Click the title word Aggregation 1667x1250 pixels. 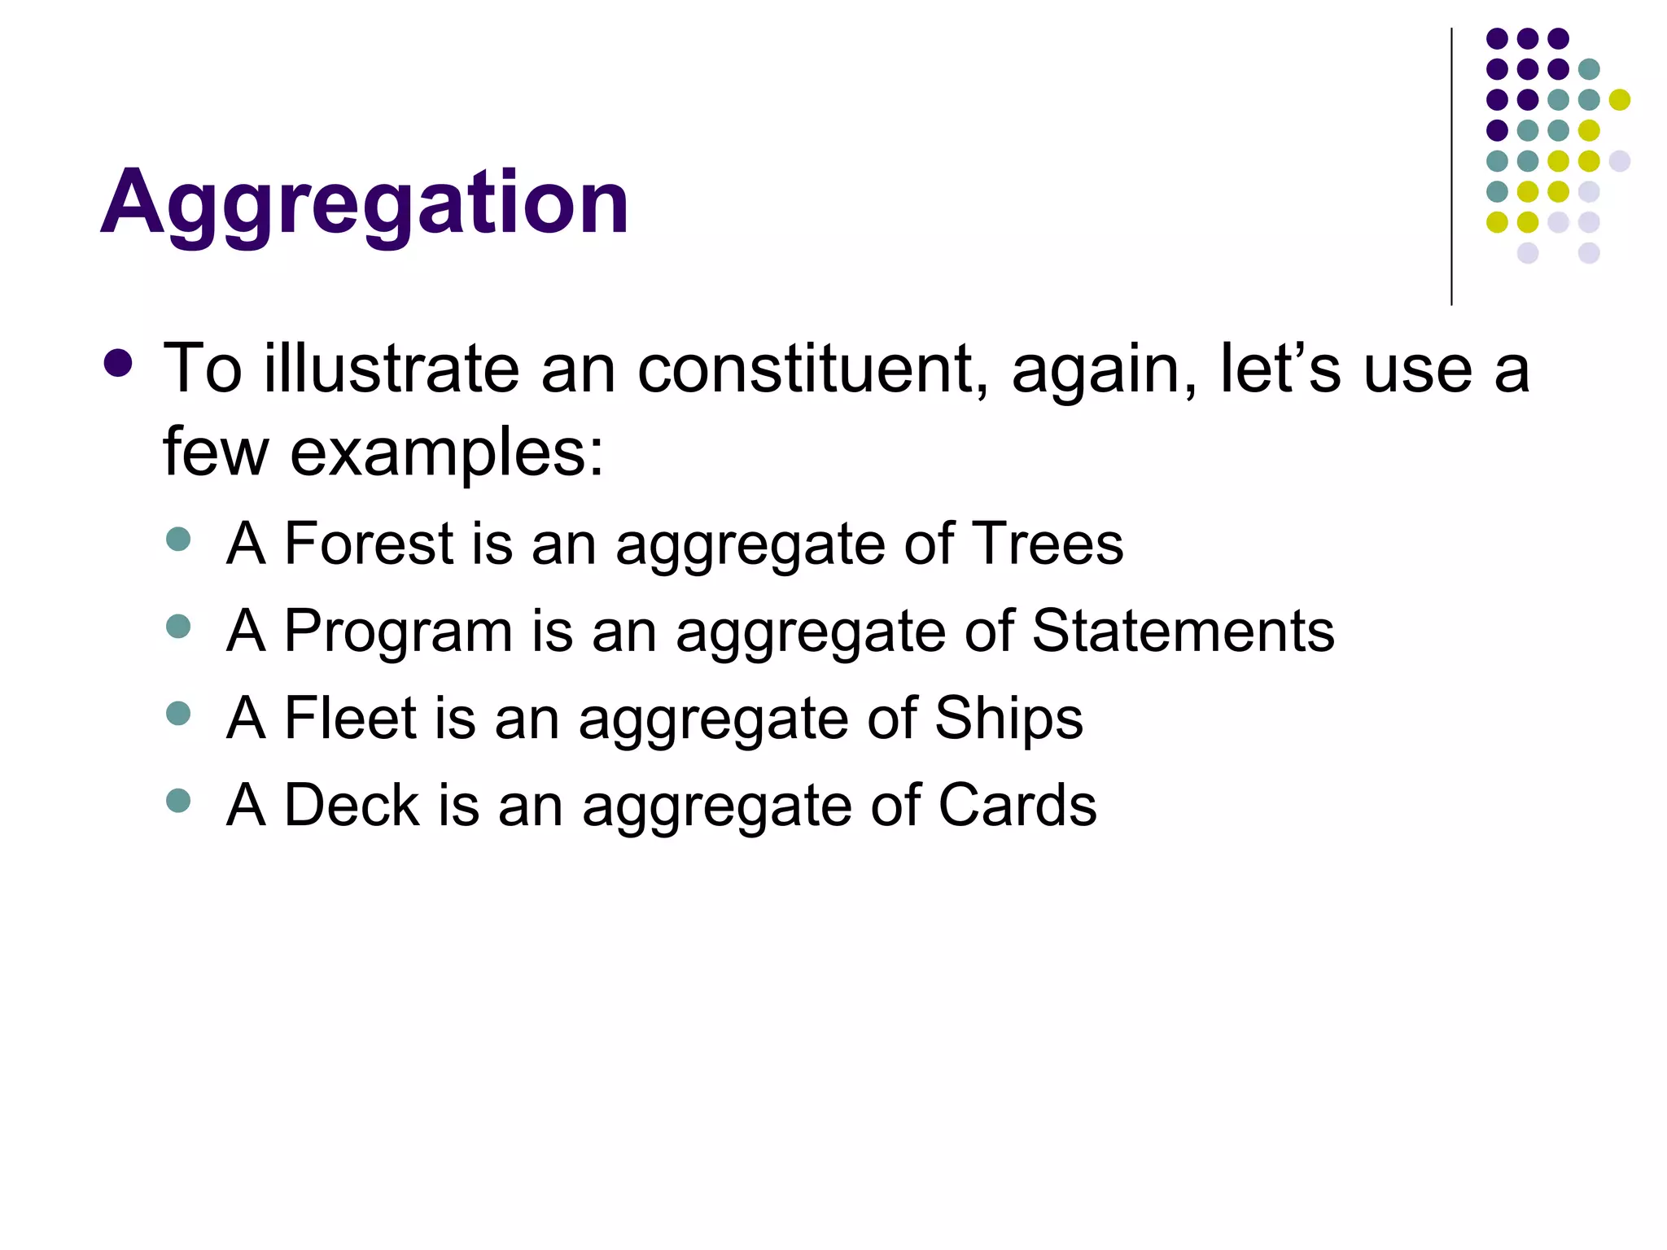pos(365,202)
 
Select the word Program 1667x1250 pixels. pos(398,632)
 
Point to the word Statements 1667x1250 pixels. pos(1184,631)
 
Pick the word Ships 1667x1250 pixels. pos(1009,718)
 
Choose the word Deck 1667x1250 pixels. pos(352,805)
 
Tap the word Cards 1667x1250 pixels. pos(1017,805)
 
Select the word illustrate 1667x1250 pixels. pos(392,369)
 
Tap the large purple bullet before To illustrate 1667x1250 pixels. pos(119,364)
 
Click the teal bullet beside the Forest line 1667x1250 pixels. pos(177,539)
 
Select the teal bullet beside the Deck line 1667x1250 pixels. pos(177,800)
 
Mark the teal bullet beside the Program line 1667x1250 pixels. pos(177,626)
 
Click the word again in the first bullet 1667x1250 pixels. pos(1104,371)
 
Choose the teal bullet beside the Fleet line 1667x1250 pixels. pos(177,713)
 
